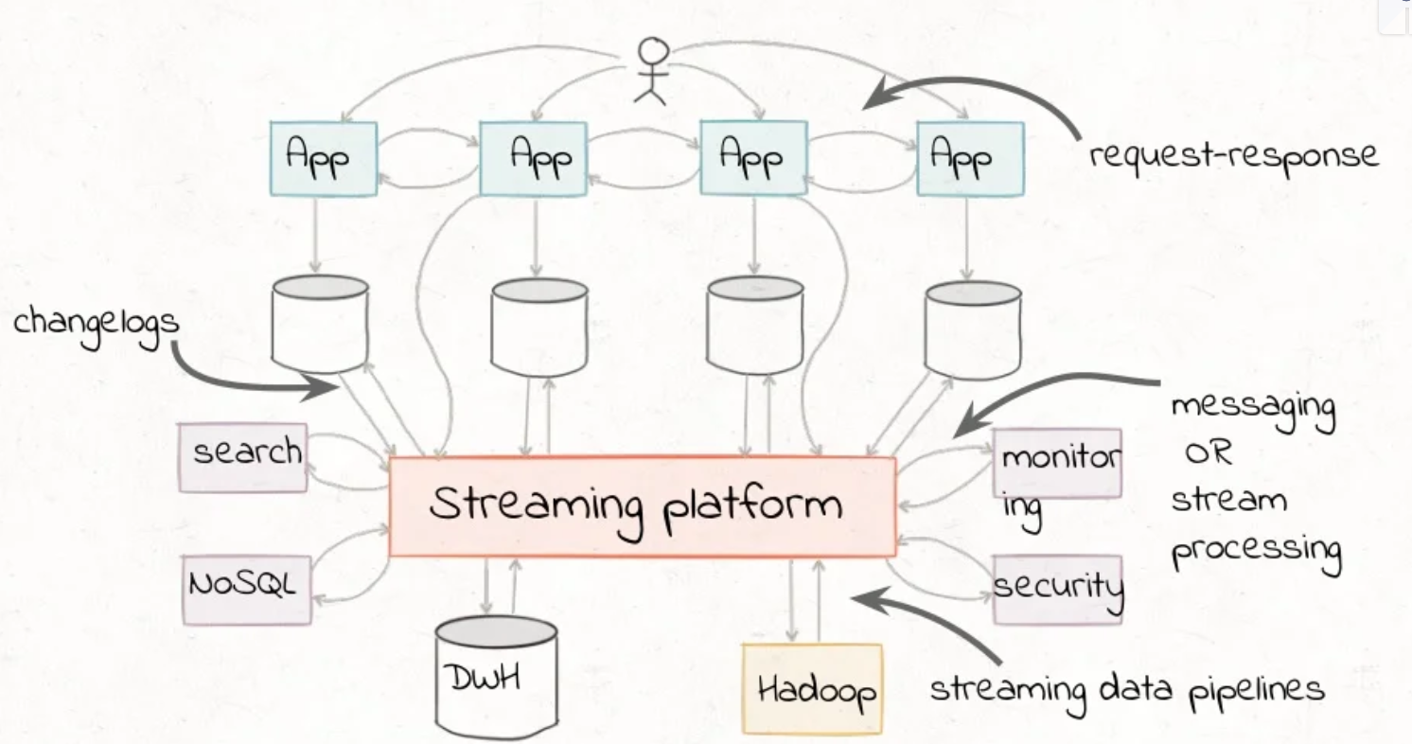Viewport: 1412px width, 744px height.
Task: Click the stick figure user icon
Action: (650, 70)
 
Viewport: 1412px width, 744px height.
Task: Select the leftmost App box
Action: (323, 157)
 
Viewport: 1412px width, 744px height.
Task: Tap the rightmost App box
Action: (970, 157)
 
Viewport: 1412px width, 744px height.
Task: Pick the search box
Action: (243, 456)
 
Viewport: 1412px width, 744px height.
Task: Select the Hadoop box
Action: (813, 688)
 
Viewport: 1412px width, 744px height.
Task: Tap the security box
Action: (1057, 589)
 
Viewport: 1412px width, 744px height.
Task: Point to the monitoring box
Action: (1057, 464)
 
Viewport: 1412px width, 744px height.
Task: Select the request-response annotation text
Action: (1233, 154)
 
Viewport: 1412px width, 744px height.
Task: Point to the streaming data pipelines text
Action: (1126, 689)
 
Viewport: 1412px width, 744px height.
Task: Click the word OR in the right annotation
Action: (1209, 454)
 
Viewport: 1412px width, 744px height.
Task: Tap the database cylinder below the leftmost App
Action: (319, 324)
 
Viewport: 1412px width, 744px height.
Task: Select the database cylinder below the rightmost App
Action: (973, 329)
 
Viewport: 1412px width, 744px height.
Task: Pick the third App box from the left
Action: (753, 157)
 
